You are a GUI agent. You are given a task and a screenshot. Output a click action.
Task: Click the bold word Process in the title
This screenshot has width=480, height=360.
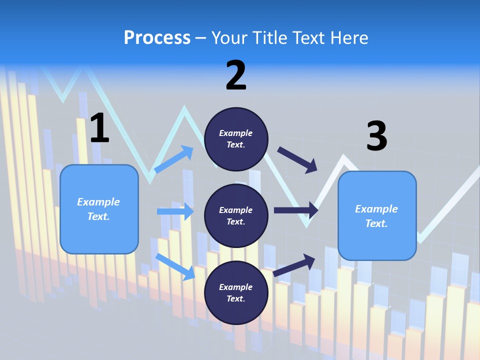click(157, 38)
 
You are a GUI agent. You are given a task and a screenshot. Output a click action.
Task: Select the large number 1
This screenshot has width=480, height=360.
click(99, 128)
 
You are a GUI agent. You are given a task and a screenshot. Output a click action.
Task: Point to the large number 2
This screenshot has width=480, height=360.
click(236, 75)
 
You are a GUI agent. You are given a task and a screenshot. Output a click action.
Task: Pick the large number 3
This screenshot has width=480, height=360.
click(376, 136)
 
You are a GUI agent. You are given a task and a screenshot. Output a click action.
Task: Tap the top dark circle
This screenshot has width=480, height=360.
click(236, 139)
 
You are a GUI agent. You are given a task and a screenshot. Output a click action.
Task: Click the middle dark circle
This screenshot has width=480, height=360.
click(236, 215)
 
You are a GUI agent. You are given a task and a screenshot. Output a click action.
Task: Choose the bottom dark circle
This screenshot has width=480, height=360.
click(236, 292)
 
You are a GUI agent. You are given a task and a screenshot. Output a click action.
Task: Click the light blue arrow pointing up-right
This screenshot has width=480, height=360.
click(174, 159)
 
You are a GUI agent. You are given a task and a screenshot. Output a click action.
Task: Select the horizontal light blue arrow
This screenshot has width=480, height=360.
click(175, 211)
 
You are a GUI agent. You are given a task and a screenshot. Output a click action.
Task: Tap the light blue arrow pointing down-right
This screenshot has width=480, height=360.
click(175, 266)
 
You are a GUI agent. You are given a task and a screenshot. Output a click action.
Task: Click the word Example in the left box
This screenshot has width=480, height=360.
click(98, 202)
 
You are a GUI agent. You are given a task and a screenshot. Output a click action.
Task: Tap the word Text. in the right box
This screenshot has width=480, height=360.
click(376, 223)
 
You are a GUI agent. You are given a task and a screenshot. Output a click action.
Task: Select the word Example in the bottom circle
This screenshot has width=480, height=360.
click(236, 287)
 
